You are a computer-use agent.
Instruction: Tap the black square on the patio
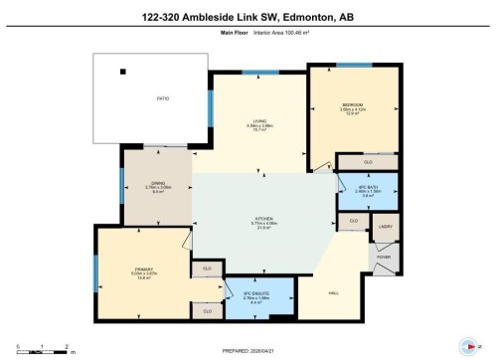[x=124, y=71]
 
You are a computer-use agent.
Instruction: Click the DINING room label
[x=157, y=183]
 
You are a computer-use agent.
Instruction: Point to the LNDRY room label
[x=386, y=227]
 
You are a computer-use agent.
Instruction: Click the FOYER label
[x=386, y=256]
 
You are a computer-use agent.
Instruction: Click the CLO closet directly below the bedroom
[x=367, y=161]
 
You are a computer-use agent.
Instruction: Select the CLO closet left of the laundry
[x=354, y=221]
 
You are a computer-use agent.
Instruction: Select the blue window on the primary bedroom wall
[x=96, y=270]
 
